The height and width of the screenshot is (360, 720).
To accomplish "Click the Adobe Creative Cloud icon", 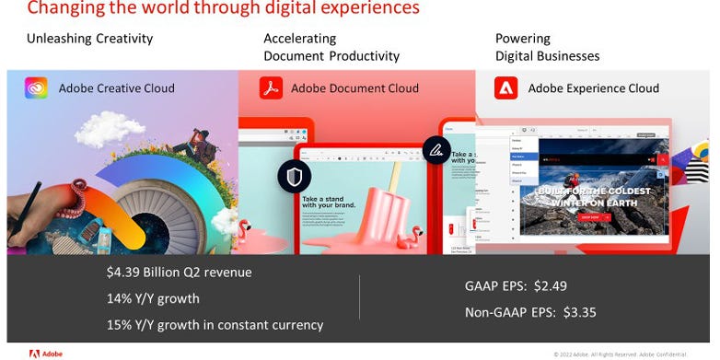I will pos(37,88).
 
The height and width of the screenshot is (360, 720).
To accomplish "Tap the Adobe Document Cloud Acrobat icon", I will pos(269,88).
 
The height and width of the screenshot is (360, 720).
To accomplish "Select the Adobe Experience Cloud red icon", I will pos(505,88).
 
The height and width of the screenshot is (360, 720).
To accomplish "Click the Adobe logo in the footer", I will pos(46,353).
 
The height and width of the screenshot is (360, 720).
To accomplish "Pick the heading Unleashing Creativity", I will pos(89,39).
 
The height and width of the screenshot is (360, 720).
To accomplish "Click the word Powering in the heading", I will pos(523,39).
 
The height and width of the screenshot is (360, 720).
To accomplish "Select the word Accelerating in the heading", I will pos(299,39).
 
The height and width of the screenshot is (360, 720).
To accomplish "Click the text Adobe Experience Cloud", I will pos(593,88).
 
